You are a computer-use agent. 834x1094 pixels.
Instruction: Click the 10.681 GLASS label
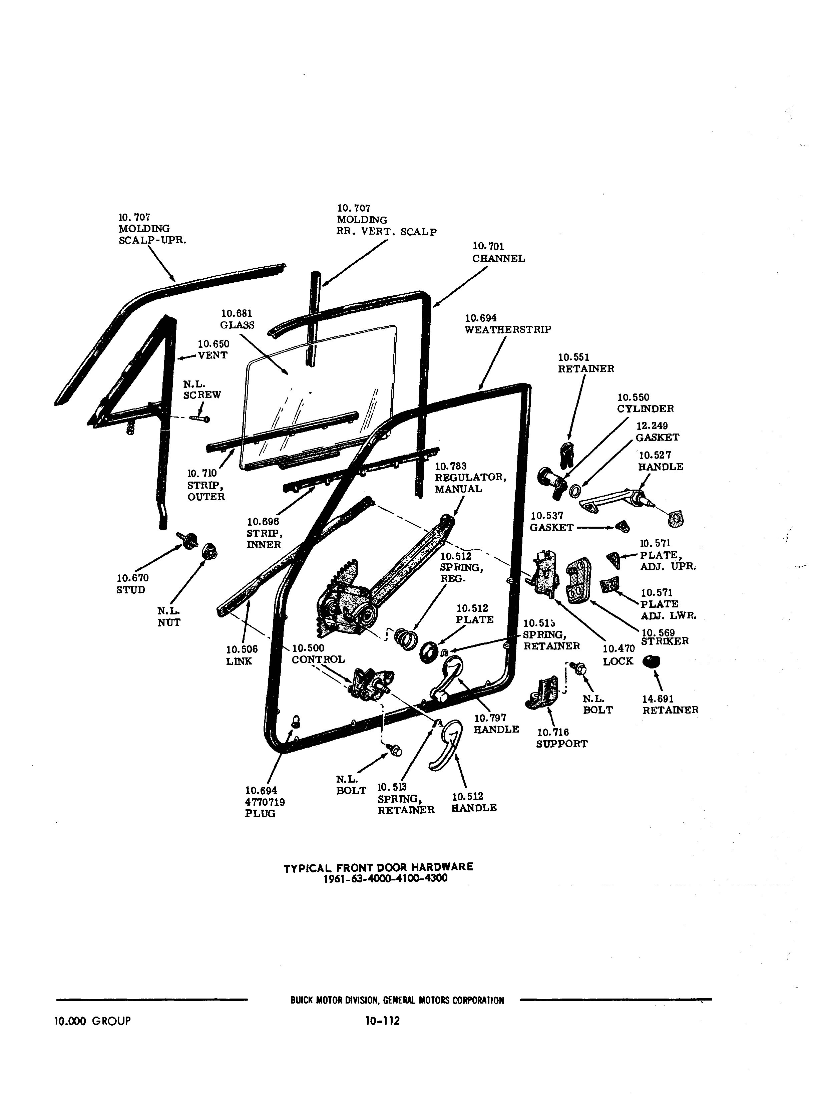click(237, 319)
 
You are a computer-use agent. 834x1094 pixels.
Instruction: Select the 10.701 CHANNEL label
click(498, 253)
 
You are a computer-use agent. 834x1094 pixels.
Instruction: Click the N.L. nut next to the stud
click(209, 551)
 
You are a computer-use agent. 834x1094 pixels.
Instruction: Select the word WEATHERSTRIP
click(507, 330)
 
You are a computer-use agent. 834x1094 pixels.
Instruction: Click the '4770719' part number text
click(265, 802)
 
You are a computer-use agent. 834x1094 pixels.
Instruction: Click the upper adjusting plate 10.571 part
click(614, 560)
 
